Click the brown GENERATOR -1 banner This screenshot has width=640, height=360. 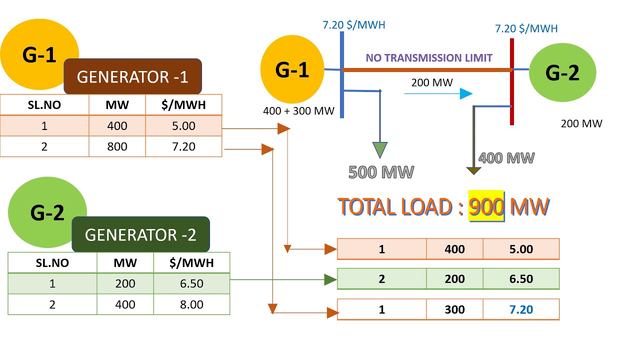click(133, 76)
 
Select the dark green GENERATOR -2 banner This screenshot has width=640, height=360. click(141, 234)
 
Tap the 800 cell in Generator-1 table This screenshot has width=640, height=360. click(117, 146)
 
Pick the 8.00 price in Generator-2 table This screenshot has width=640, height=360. click(191, 304)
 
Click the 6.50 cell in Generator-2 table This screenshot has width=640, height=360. click(191, 283)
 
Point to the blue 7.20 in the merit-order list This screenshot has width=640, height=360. click(521, 309)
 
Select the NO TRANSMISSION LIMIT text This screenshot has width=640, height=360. click(429, 58)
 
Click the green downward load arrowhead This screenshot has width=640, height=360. click(380, 149)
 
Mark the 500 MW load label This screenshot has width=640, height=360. click(381, 172)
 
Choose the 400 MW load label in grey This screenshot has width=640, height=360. click(506, 158)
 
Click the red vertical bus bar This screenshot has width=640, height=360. click(512, 81)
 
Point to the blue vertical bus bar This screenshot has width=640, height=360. click(342, 75)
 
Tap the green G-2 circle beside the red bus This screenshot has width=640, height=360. click(562, 72)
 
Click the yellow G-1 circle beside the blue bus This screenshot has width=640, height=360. click(292, 69)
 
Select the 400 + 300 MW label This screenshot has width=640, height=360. click(298, 111)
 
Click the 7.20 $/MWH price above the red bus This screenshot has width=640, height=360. click(526, 28)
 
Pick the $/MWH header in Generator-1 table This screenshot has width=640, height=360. click(183, 105)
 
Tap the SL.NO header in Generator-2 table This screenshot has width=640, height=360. click(52, 263)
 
